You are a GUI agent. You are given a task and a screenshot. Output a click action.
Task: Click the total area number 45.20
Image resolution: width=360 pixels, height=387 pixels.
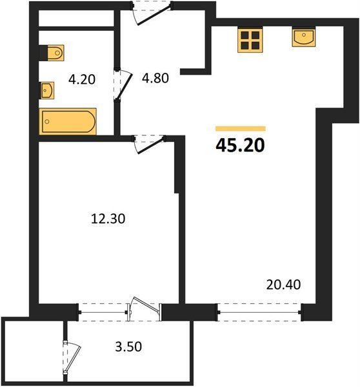pos(240,145)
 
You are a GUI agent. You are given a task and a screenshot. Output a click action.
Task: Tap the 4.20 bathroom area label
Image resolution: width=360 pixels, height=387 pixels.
pos(82,79)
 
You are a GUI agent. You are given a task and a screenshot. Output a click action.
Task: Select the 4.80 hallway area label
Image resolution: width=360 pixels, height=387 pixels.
pos(155,78)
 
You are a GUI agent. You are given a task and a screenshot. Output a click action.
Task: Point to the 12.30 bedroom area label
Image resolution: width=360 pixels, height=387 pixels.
pos(108,219)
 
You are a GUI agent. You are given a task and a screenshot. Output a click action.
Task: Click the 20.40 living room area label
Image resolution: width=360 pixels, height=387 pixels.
pos(283,284)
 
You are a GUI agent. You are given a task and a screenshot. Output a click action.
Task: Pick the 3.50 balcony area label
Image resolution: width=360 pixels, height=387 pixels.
pos(128,346)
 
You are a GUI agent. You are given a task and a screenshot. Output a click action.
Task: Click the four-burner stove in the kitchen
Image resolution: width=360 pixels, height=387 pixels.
pos(250,39)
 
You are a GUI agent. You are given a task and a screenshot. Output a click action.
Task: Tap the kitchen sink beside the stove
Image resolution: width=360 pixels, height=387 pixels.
pos(304,37)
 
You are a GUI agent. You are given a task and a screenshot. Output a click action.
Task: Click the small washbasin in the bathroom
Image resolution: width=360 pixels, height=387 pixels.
pos(47,90)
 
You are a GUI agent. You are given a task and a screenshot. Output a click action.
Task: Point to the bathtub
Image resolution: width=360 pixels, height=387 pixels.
pos(68,121)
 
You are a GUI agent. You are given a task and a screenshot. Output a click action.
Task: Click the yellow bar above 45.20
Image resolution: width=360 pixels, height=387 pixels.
pos(241,128)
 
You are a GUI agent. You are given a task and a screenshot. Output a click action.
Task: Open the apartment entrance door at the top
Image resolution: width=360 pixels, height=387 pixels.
pos(152,12)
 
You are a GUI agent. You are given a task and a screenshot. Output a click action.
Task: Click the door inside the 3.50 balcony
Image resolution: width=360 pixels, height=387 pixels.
pos(71,357)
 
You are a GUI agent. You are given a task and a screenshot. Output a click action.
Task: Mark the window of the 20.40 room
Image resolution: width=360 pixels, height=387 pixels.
pos(259,312)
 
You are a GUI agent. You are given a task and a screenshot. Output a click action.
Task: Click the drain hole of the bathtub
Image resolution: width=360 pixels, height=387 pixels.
pos(47,121)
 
